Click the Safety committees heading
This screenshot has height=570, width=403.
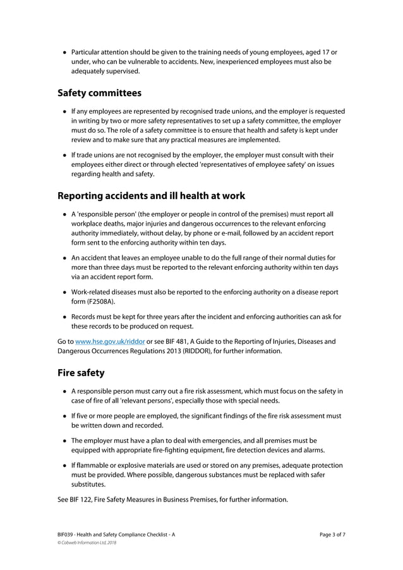tap(99, 94)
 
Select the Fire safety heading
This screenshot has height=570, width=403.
tap(81, 373)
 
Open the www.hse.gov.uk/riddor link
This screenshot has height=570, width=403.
tap(110, 342)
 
